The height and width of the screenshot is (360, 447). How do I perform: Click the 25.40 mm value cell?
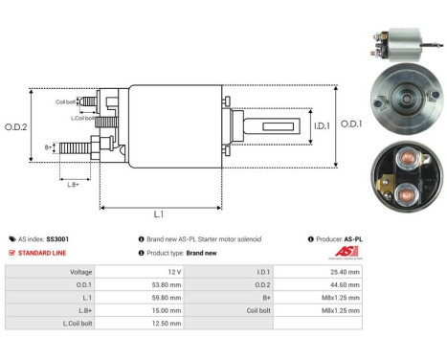tap(342, 271)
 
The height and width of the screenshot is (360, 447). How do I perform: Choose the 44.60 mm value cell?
tap(342, 284)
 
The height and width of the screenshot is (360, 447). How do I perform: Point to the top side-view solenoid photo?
tap(395, 42)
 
